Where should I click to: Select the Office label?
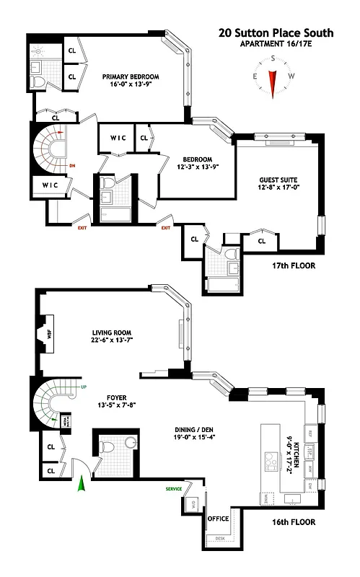tap(218, 519)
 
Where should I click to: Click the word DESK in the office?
tap(219, 539)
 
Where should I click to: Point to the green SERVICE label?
tap(173, 489)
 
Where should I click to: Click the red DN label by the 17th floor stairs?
tap(72, 164)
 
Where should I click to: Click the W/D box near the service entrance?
tap(192, 504)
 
